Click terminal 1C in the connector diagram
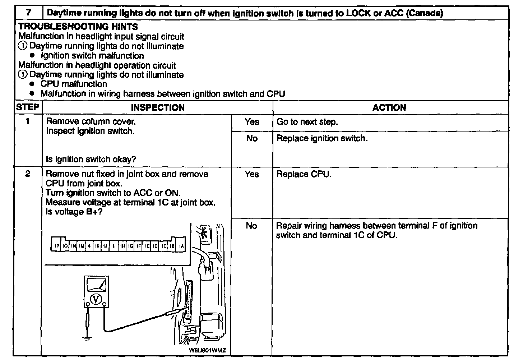164,246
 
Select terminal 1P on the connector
57,246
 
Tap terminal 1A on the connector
181,246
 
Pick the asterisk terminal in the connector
89,246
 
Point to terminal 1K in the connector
97,246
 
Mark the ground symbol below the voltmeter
87,337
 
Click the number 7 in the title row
28,13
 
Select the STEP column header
28,107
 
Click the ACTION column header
389,107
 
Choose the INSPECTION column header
157,107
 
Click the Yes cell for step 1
252,122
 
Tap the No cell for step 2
251,226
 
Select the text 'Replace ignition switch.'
322,138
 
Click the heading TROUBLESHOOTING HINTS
78,27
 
